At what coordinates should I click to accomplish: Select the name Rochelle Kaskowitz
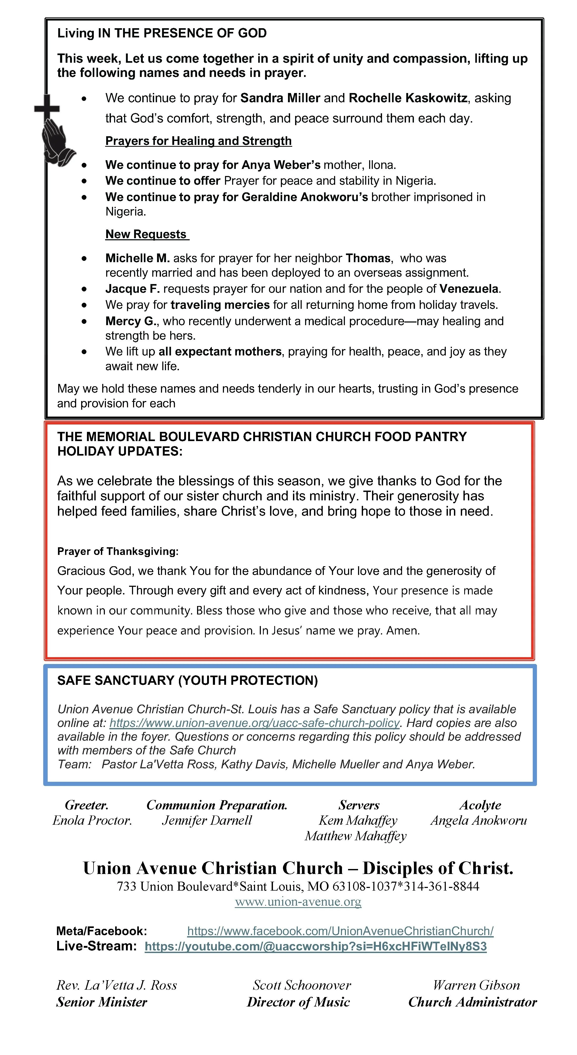pyautogui.click(x=408, y=98)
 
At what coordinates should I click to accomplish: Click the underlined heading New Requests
pyautogui.click(x=146, y=234)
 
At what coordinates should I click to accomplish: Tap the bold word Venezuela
pyautogui.click(x=469, y=289)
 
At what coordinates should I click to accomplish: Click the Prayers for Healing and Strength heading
pyautogui.click(x=198, y=141)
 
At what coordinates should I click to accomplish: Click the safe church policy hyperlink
pyautogui.click(x=254, y=723)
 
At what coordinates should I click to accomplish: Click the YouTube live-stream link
pyautogui.click(x=315, y=946)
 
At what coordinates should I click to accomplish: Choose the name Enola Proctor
pyautogui.click(x=92, y=820)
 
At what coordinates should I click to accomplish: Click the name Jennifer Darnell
pyautogui.click(x=207, y=820)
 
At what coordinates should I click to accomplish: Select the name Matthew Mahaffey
pyautogui.click(x=355, y=836)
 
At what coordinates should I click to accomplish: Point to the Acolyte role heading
pyautogui.click(x=480, y=805)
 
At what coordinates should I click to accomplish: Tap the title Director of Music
pyautogui.click(x=298, y=1002)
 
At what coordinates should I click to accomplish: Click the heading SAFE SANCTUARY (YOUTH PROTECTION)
pyautogui.click(x=187, y=680)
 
